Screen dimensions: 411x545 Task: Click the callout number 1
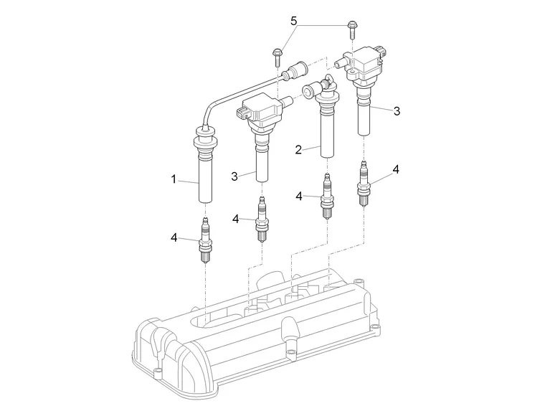pyautogui.click(x=174, y=179)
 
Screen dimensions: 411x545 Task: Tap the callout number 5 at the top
pyautogui.click(x=293, y=22)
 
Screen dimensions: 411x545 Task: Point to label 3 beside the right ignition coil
pyautogui.click(x=397, y=110)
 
